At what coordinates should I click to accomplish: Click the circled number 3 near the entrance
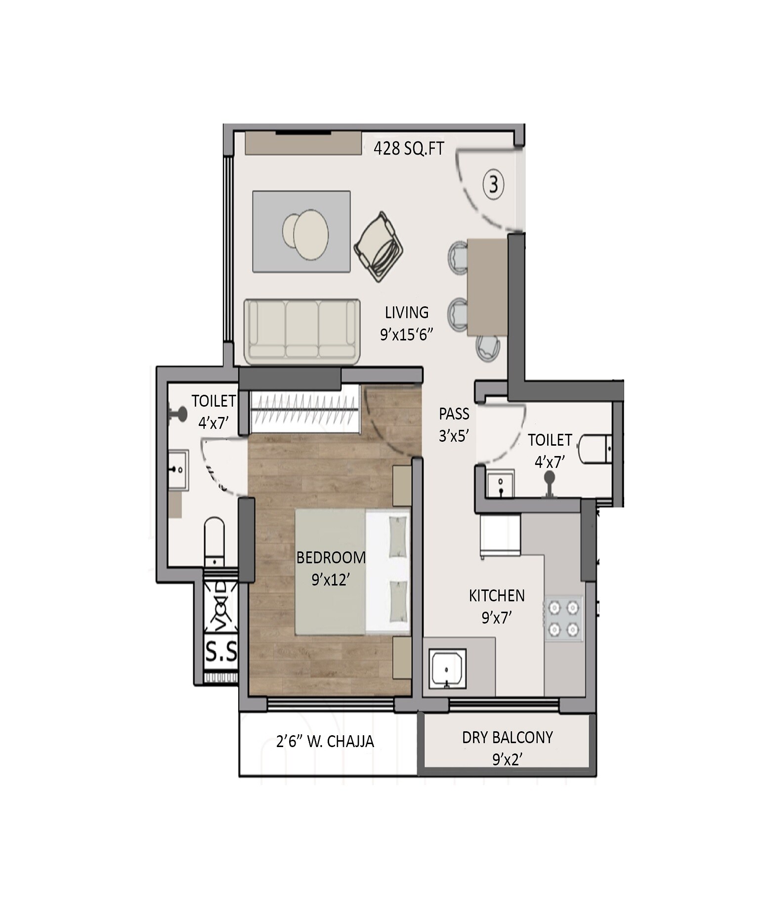(x=493, y=185)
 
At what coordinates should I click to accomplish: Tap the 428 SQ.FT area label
(x=409, y=148)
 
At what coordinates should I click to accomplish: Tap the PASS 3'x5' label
(x=454, y=424)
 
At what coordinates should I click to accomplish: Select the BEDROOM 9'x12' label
(x=331, y=568)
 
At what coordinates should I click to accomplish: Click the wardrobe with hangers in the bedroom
(x=304, y=410)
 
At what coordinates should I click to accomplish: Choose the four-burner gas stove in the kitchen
(x=563, y=618)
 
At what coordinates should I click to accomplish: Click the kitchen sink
(x=447, y=669)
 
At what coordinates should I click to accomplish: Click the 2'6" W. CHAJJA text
(x=325, y=741)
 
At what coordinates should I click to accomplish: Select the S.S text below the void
(x=221, y=652)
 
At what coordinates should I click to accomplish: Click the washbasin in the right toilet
(x=500, y=483)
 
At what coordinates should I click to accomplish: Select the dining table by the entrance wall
(x=487, y=287)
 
